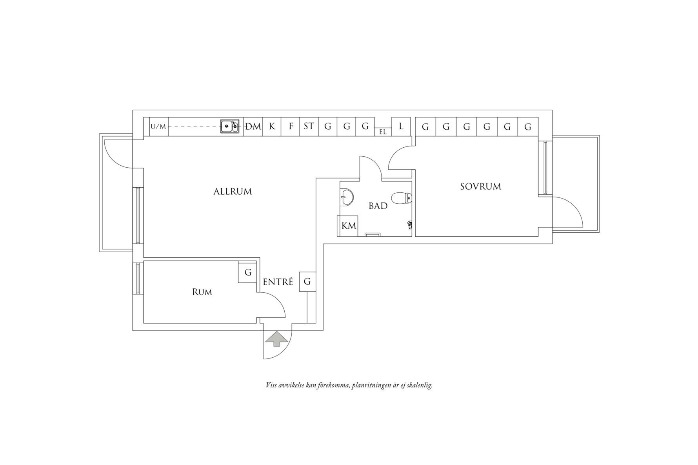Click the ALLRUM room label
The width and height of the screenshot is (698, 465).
tap(233, 192)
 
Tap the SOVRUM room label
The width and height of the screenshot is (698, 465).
tap(480, 186)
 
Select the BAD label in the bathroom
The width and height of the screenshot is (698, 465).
tap(378, 206)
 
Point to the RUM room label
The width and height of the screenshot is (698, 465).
tap(202, 292)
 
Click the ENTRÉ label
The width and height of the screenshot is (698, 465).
tap(278, 282)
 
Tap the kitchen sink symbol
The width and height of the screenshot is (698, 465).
tap(229, 127)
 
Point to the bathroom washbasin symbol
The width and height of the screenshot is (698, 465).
tap(346, 197)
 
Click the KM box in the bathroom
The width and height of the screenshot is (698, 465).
tap(348, 226)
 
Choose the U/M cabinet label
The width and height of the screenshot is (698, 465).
tap(158, 127)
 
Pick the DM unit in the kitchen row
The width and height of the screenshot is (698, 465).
tap(253, 127)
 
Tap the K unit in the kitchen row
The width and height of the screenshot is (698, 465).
tap(272, 127)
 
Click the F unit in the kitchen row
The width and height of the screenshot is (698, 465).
tap(291, 127)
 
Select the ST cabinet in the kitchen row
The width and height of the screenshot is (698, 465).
tap(309, 127)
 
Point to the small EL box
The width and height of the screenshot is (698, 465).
tap(383, 132)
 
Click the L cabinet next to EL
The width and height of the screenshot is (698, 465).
tap(401, 127)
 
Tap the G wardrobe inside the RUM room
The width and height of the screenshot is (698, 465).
tap(248, 273)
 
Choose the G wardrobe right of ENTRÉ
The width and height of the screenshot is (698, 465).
tap(307, 282)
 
